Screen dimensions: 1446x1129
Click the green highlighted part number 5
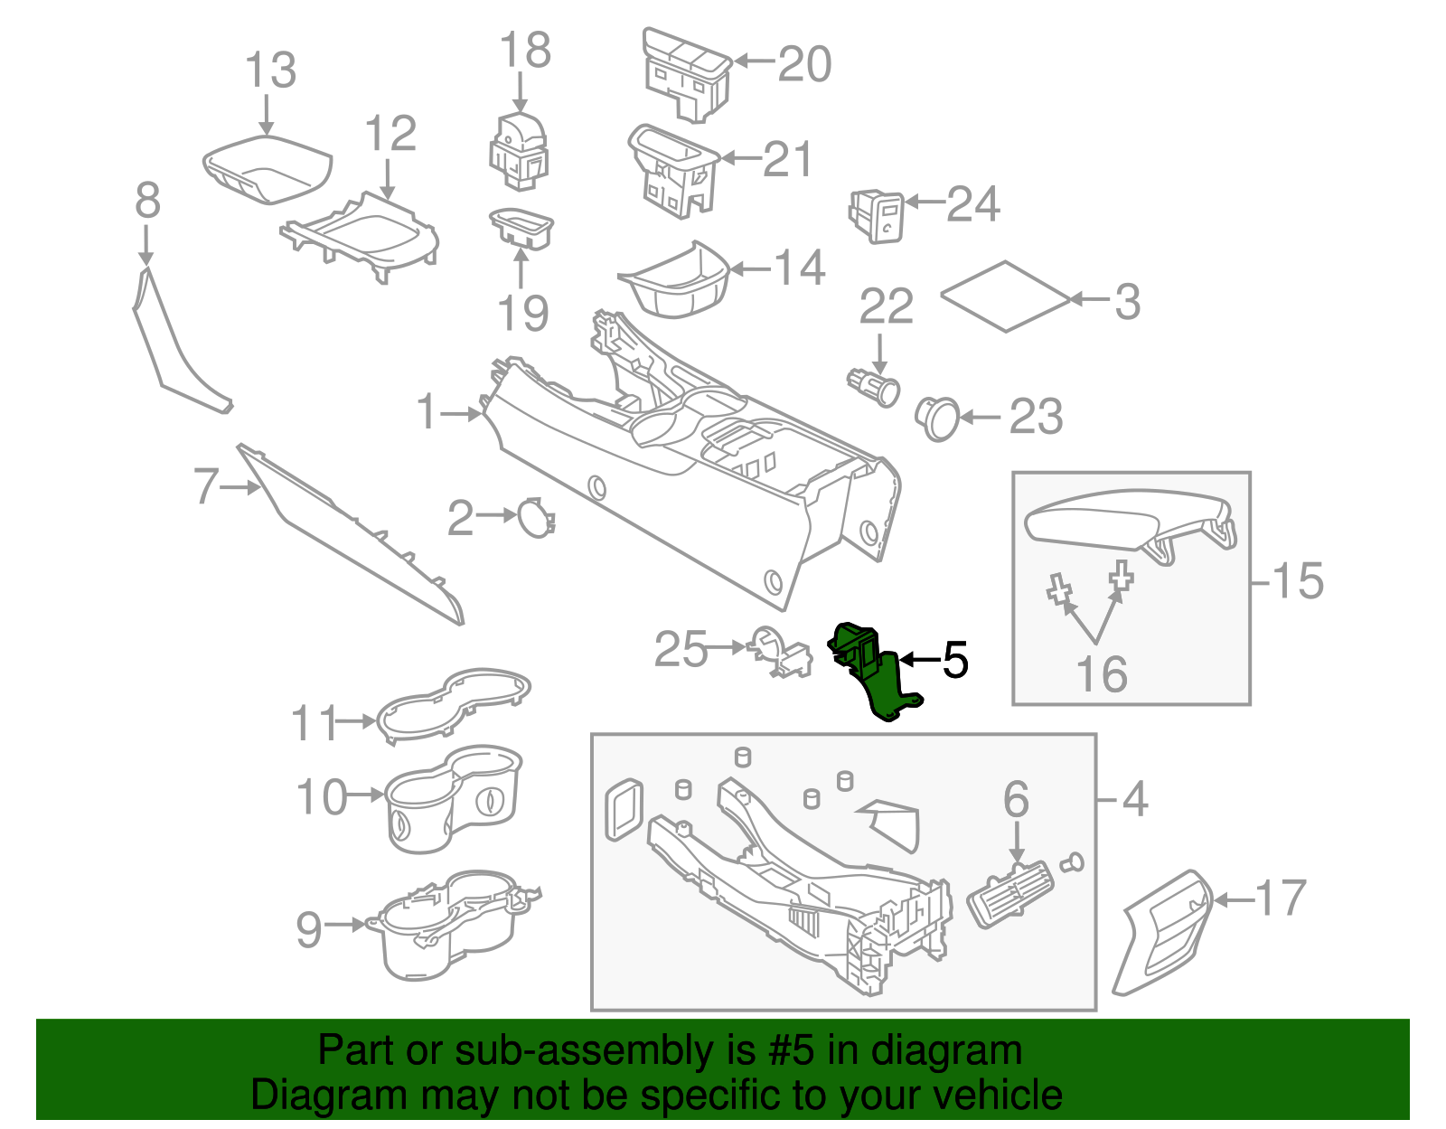coord(873,672)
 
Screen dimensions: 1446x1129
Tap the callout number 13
coord(271,70)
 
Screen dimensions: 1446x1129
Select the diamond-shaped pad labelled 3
coord(1006,296)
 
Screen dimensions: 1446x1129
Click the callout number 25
coord(681,649)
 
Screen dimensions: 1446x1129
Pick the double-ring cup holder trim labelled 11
coord(454,705)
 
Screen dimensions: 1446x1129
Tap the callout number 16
coord(1102,673)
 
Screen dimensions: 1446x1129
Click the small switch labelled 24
coord(877,216)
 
